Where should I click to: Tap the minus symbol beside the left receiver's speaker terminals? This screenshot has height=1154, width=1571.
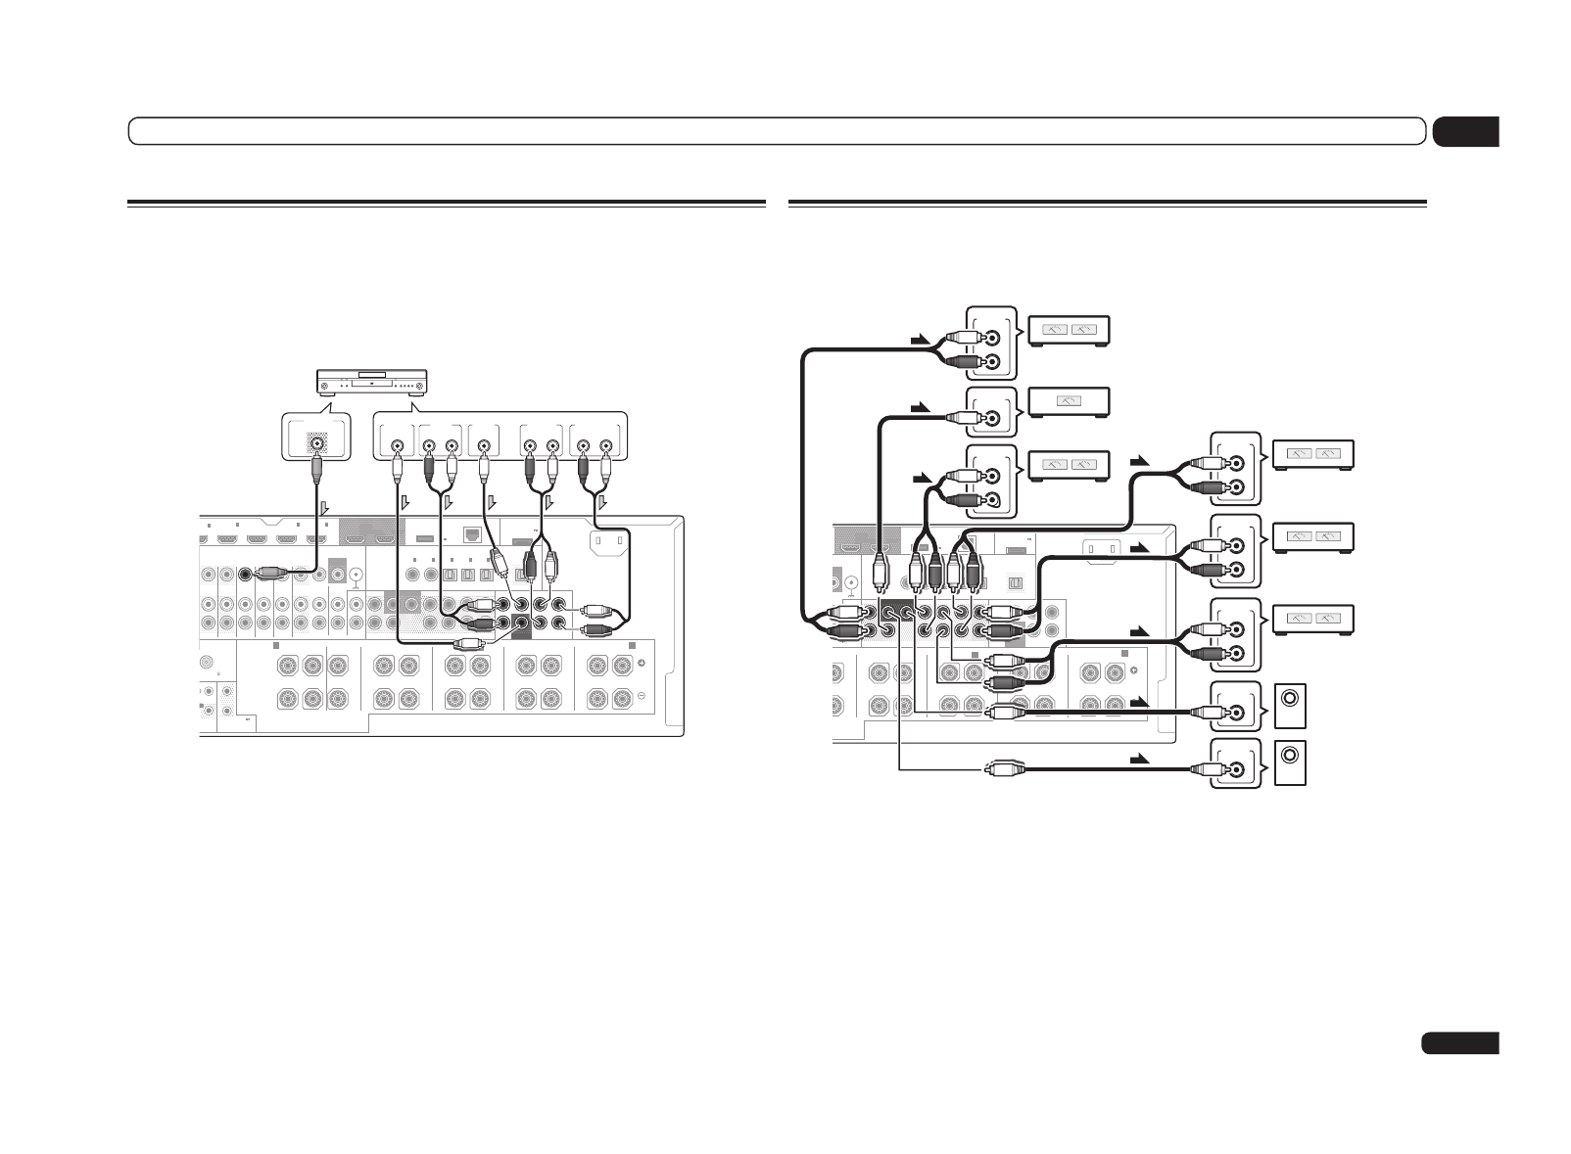642,697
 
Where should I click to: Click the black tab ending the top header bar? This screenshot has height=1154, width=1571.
1465,131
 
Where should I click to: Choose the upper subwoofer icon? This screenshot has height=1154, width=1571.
1291,708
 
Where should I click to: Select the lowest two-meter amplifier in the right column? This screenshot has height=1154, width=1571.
1312,617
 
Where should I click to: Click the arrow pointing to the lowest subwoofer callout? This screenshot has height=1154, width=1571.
1138,759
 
